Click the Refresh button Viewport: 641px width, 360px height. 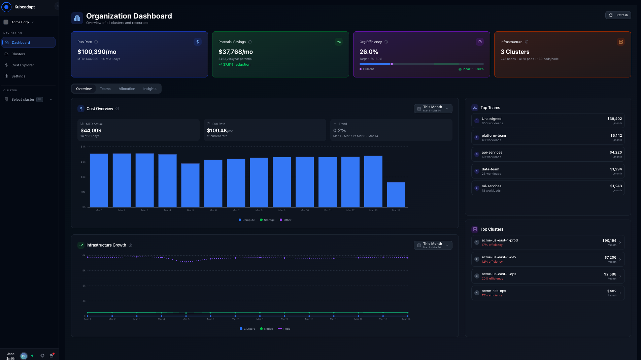(x=618, y=15)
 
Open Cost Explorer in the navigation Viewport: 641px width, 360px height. (x=23, y=65)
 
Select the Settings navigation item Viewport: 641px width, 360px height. (x=18, y=76)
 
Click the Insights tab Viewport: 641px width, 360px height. (x=149, y=89)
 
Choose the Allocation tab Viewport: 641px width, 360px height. (x=127, y=89)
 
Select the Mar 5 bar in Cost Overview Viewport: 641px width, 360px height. (x=190, y=185)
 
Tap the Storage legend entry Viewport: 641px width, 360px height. (x=267, y=220)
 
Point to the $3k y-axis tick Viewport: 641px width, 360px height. (x=83, y=162)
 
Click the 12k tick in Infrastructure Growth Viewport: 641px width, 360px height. (x=83, y=270)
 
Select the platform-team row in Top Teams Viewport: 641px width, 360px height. (x=548, y=137)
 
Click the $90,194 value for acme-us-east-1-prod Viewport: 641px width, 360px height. (x=609, y=240)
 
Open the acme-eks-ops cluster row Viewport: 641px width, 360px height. (x=548, y=293)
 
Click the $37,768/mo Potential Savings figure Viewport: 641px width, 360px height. (x=236, y=52)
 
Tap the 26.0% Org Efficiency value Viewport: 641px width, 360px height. (x=369, y=52)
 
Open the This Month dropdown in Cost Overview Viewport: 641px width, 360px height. (x=433, y=108)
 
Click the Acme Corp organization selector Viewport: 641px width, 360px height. (x=20, y=22)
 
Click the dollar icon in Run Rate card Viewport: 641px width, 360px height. (x=198, y=42)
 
